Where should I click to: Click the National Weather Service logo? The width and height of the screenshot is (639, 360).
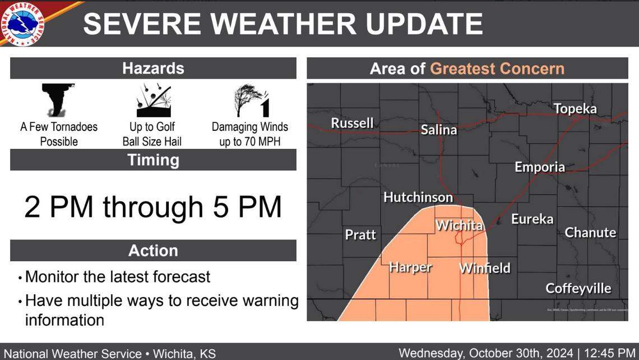[x=23, y=24]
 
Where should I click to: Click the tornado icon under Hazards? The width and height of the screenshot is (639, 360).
[x=58, y=99]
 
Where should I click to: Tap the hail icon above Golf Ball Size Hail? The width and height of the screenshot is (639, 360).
[x=153, y=100]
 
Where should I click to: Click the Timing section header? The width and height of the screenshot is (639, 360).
[x=153, y=160]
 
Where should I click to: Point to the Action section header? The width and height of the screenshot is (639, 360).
[x=153, y=250]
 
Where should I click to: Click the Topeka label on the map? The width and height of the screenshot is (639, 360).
[x=575, y=109]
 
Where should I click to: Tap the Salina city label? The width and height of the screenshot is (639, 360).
[x=439, y=130]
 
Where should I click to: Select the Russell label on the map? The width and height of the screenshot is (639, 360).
[x=352, y=122]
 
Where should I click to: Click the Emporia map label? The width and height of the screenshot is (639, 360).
[x=540, y=167]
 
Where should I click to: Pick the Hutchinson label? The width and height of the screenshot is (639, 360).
[x=418, y=197]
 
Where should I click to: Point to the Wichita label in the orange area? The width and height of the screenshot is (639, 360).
[x=459, y=226]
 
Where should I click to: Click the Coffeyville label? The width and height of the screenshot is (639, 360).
[x=578, y=289]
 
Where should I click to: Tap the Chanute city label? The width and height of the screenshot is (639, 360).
[x=590, y=233]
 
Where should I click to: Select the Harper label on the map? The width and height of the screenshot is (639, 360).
[x=410, y=267]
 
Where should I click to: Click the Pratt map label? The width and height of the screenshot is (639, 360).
[x=360, y=234]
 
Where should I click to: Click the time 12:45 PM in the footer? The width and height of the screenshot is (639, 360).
[x=608, y=353]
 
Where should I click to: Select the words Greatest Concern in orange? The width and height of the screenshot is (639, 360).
[x=497, y=69]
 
